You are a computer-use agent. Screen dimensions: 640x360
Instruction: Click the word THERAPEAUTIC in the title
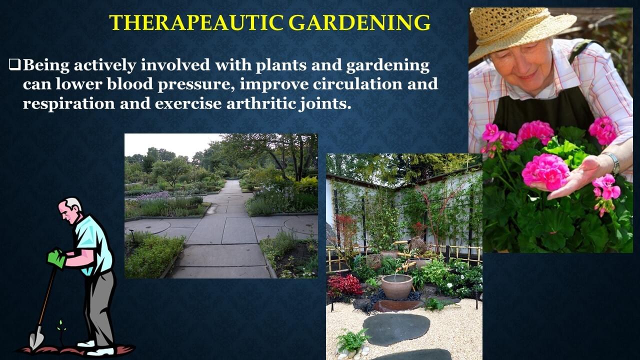196,22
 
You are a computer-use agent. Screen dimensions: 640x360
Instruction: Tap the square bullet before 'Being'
15,65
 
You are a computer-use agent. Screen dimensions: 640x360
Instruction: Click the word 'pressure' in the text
196,85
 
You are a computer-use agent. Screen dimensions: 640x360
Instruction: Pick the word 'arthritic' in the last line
261,103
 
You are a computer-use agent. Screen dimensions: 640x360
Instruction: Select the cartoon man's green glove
56,258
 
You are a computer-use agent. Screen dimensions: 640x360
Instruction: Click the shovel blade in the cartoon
36,338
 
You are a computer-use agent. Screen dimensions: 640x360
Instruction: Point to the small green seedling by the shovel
60,328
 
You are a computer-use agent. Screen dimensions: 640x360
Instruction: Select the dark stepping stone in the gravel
396,329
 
